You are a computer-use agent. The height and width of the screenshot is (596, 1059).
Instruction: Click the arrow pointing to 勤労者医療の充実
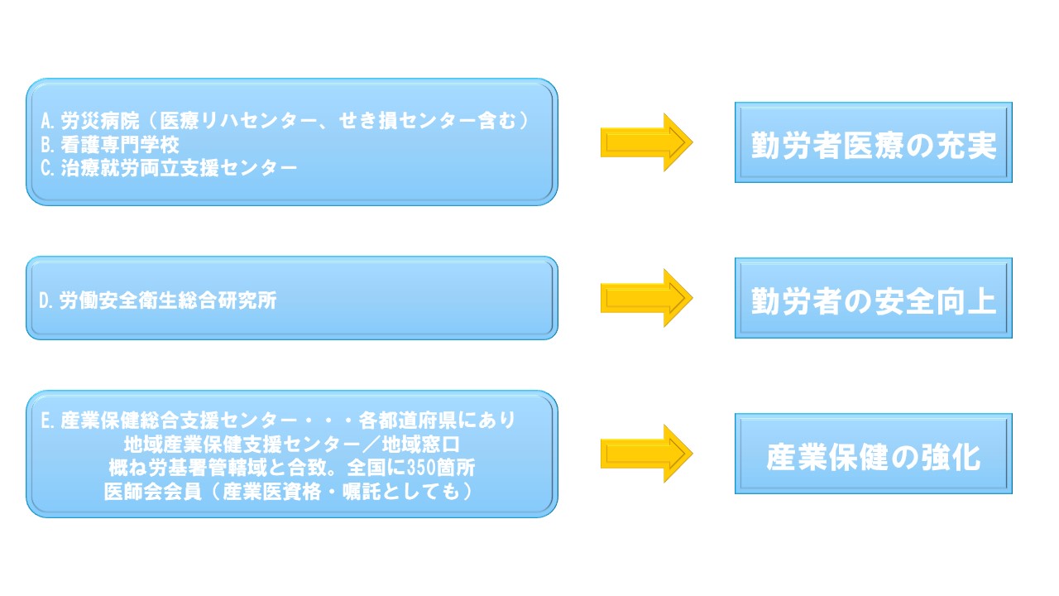[x=645, y=142]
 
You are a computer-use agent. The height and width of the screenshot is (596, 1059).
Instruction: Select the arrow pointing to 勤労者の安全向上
[x=645, y=298]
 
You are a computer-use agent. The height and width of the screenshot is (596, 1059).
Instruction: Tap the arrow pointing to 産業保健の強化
[x=645, y=454]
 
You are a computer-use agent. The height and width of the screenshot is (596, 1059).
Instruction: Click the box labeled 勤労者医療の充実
[x=873, y=142]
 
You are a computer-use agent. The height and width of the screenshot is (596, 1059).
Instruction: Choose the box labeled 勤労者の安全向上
[x=873, y=298]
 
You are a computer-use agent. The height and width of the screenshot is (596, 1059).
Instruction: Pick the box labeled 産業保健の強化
[x=873, y=454]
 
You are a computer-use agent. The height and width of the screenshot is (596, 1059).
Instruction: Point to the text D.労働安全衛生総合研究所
[x=158, y=300]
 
